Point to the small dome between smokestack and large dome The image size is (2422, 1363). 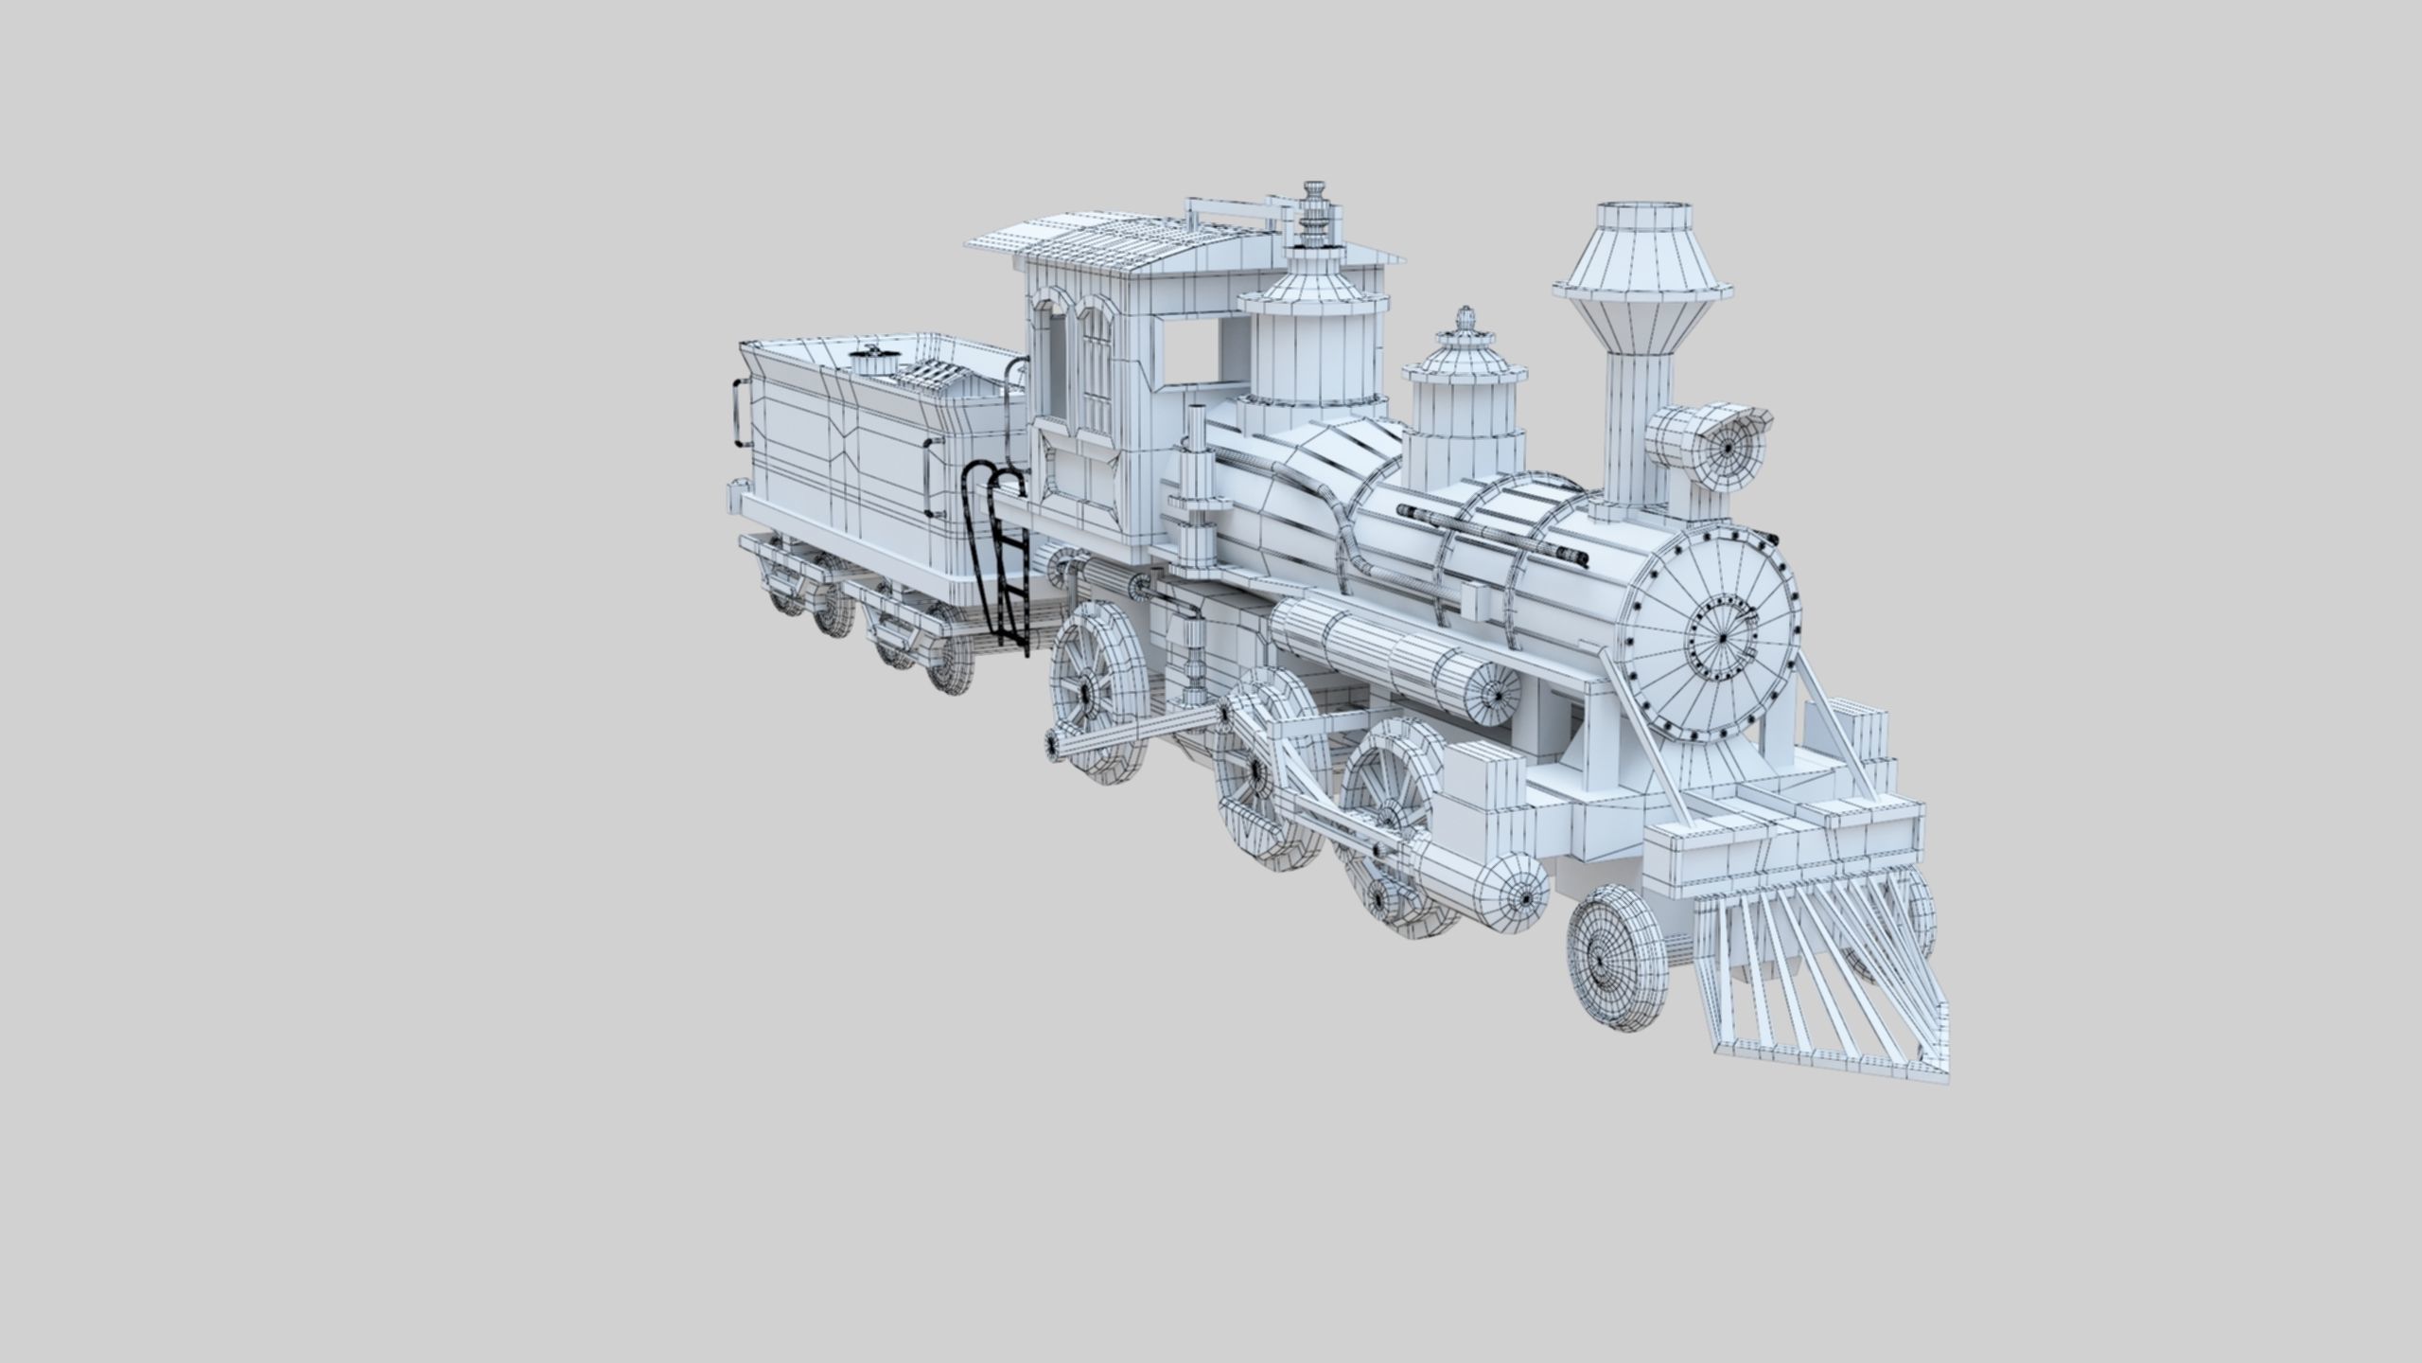(x=1464, y=398)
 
